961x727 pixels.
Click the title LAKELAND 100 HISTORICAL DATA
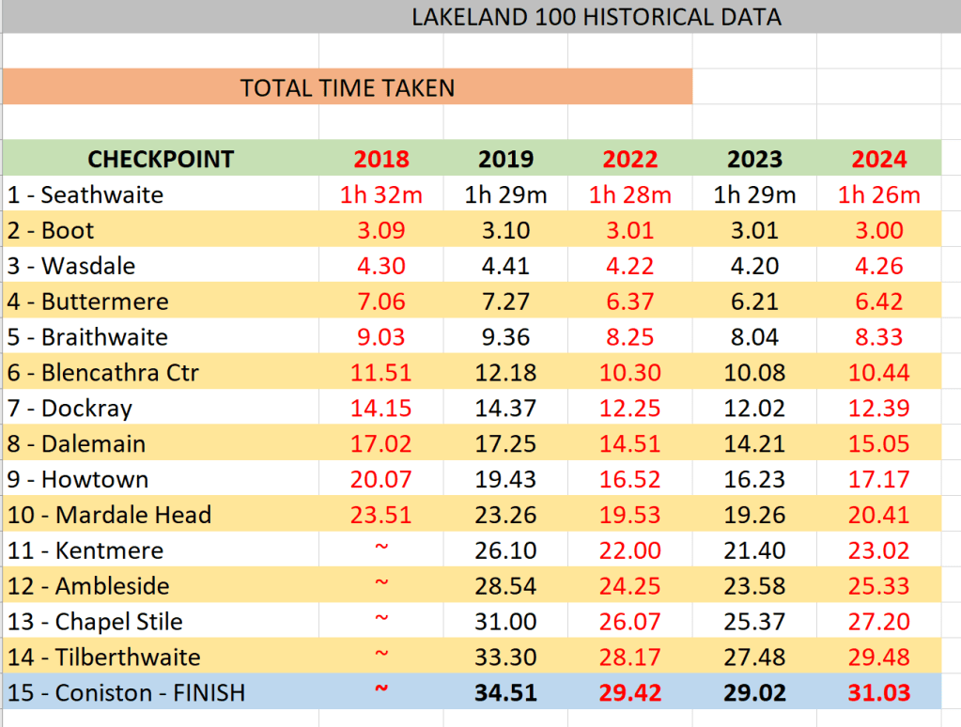[597, 17]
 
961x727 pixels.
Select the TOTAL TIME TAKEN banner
[347, 88]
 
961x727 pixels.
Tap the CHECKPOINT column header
[161, 159]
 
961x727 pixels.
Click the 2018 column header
[381, 159]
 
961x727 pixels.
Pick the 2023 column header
[754, 159]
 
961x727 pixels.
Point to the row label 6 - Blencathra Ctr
[103, 373]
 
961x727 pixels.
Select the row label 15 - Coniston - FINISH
[126, 693]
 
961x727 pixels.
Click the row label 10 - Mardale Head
[109, 515]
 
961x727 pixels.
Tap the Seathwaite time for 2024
[878, 195]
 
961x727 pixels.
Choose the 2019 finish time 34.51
[505, 693]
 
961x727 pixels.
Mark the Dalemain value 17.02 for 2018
[381, 443]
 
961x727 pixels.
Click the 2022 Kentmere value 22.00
[629, 550]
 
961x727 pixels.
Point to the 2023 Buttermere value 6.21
[754, 302]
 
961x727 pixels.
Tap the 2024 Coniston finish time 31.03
[878, 693]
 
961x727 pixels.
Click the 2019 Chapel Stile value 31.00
[505, 622]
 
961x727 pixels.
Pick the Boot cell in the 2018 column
[381, 231]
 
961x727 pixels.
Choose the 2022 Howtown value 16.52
[629, 479]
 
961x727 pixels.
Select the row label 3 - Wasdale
[71, 266]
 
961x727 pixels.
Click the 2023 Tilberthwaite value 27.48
[754, 657]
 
